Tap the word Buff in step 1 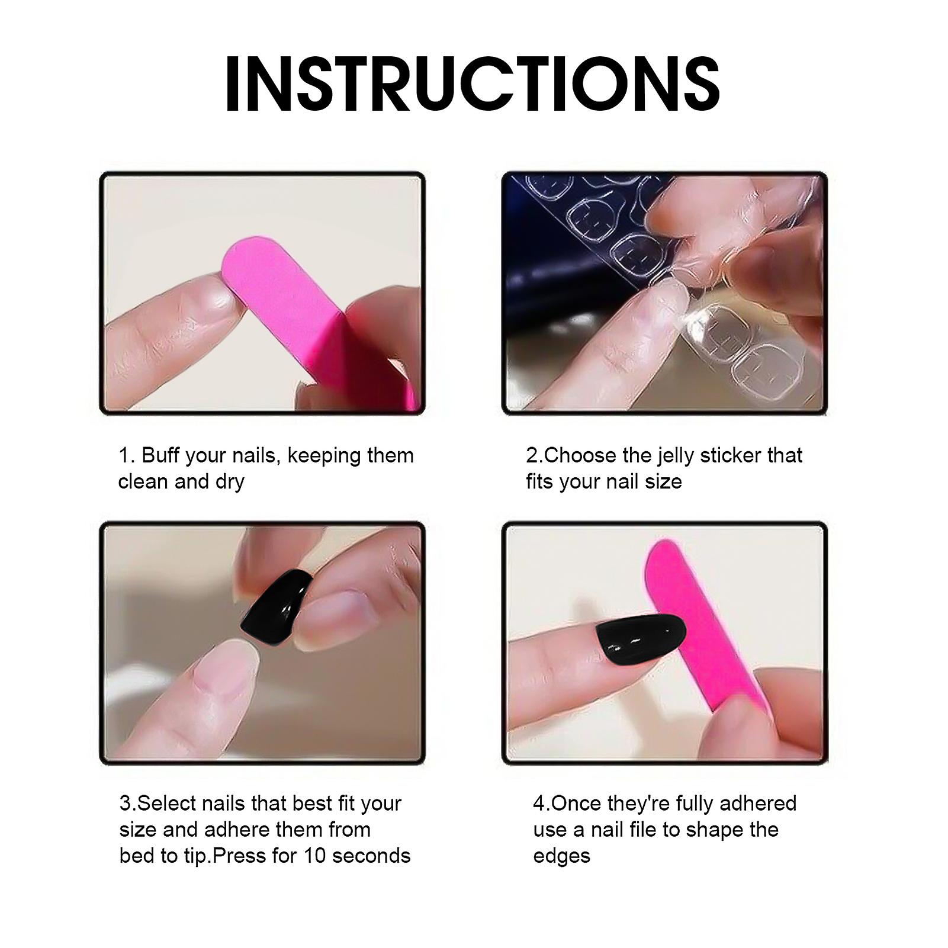(x=160, y=455)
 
